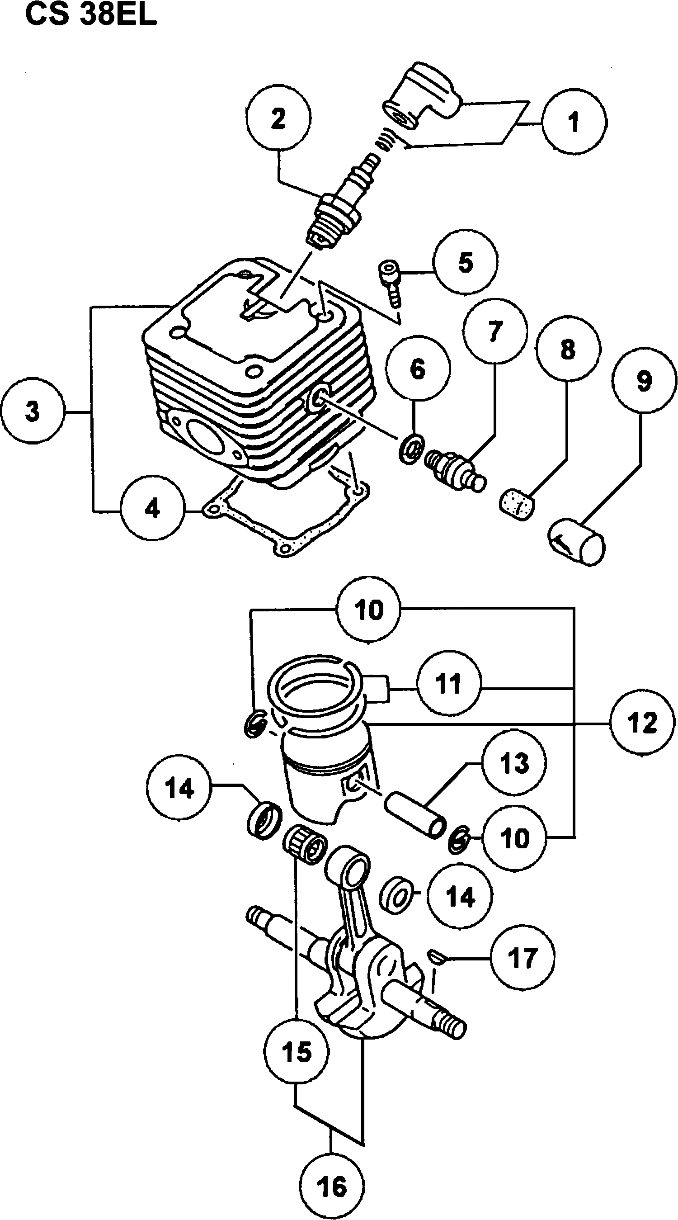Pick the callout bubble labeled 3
click(32, 410)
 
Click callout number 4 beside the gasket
click(152, 509)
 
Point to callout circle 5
click(466, 262)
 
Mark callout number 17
click(522, 957)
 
